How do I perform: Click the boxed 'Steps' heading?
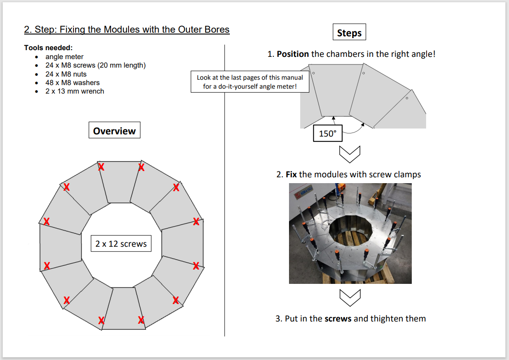(x=349, y=33)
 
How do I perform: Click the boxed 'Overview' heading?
(x=114, y=131)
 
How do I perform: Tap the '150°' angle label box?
(x=328, y=133)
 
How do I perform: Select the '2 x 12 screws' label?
(x=121, y=244)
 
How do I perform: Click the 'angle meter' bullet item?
(x=65, y=57)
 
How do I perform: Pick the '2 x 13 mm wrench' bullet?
(x=74, y=91)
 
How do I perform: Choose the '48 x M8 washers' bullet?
(x=73, y=83)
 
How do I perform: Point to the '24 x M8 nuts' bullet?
(x=66, y=74)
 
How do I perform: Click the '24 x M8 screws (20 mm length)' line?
(x=95, y=65)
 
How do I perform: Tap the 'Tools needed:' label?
(x=48, y=48)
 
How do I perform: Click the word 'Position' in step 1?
(x=293, y=54)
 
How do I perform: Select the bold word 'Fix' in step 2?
(x=291, y=174)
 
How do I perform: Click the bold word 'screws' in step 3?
(x=338, y=319)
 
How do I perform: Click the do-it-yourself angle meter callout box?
(x=250, y=82)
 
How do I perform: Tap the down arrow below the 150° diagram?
(x=350, y=154)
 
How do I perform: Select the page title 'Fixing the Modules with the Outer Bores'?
(x=127, y=30)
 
